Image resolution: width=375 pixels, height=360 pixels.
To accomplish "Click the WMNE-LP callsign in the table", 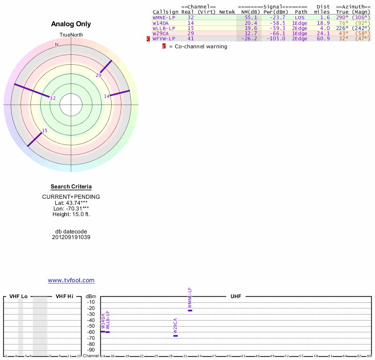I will tap(164, 17).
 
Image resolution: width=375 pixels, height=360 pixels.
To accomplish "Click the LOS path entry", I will tap(300, 17).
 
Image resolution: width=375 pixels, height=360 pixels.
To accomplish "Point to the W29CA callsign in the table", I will tap(161, 33).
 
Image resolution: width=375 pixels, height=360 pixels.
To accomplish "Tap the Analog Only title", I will tap(71, 24).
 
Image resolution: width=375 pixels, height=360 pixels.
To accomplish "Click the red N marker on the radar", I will tap(56, 45).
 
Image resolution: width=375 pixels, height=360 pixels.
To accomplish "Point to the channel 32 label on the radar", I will tap(52, 98).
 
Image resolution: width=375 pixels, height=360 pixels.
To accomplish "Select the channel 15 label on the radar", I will tap(45, 131).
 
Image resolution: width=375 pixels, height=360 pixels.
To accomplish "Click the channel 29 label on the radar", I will tap(98, 75).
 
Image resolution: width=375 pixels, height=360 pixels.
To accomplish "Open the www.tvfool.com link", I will tap(71, 280).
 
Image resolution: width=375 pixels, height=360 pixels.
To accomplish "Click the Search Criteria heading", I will tap(71, 187).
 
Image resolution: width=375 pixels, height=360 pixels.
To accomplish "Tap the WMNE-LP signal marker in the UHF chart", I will tap(190, 310).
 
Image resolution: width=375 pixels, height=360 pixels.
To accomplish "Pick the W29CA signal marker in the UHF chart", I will tap(175, 336).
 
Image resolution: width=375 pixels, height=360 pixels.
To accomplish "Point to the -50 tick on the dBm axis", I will tap(91, 326).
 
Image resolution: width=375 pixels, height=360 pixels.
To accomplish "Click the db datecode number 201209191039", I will tap(71, 237).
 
